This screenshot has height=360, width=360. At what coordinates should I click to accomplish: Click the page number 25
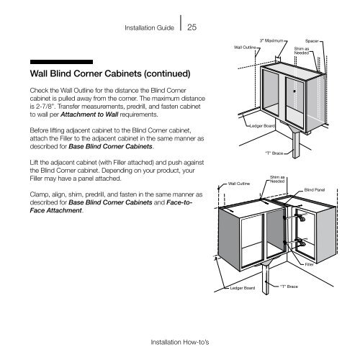[192, 27]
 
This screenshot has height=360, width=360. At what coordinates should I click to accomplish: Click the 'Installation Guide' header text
[149, 28]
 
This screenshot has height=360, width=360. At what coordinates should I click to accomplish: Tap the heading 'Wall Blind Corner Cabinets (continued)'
[110, 73]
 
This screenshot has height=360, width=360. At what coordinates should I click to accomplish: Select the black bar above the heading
[61, 62]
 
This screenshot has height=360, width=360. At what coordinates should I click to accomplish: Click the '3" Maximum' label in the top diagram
[271, 41]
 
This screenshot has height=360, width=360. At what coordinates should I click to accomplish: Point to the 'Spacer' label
[312, 41]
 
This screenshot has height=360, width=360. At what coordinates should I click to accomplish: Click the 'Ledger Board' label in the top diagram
[262, 126]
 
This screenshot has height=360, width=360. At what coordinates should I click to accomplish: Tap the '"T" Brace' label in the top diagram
[274, 153]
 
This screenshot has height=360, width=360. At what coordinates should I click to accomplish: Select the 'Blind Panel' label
[315, 190]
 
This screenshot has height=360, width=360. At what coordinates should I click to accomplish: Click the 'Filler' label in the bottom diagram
[309, 264]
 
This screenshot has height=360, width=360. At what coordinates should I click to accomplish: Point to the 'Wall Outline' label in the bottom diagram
[239, 184]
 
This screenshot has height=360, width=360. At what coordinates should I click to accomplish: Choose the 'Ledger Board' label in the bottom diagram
[243, 288]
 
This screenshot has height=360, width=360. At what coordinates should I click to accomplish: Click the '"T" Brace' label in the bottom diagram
[289, 287]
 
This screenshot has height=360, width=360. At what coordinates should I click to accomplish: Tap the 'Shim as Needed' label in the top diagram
[302, 51]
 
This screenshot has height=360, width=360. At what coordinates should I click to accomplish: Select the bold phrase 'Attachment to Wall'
[89, 114]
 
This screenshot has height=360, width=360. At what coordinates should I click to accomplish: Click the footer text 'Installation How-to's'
[180, 342]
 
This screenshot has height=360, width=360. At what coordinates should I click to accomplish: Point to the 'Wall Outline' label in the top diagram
[245, 48]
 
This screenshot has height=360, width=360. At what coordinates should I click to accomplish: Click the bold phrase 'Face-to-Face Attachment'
[111, 207]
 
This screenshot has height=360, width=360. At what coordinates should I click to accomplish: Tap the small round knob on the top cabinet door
[294, 91]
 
